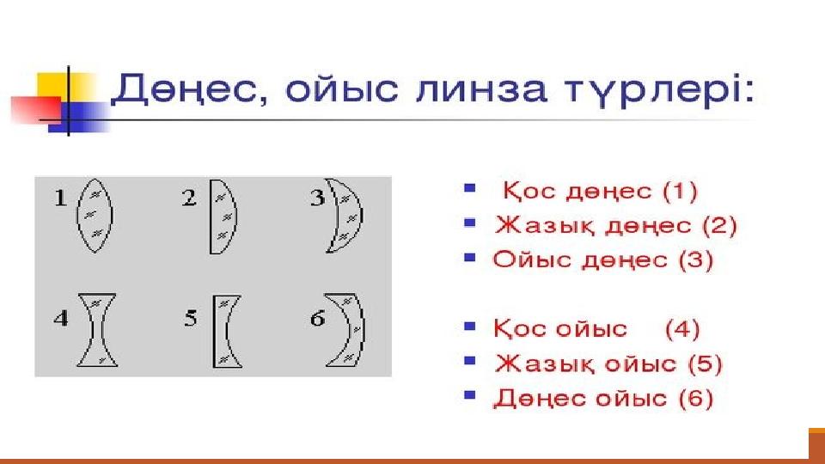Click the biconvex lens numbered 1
95,216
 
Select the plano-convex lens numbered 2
223,217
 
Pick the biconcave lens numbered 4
97,330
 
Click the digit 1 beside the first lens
60,198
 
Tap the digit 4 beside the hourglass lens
61,318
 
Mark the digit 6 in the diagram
317,318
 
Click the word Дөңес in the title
184,89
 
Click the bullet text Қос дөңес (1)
600,191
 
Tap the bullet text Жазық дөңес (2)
615,225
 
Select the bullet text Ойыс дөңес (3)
603,259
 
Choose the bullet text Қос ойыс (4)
596,329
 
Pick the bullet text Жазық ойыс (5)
608,363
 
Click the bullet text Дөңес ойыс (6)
603,398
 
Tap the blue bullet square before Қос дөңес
470,187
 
